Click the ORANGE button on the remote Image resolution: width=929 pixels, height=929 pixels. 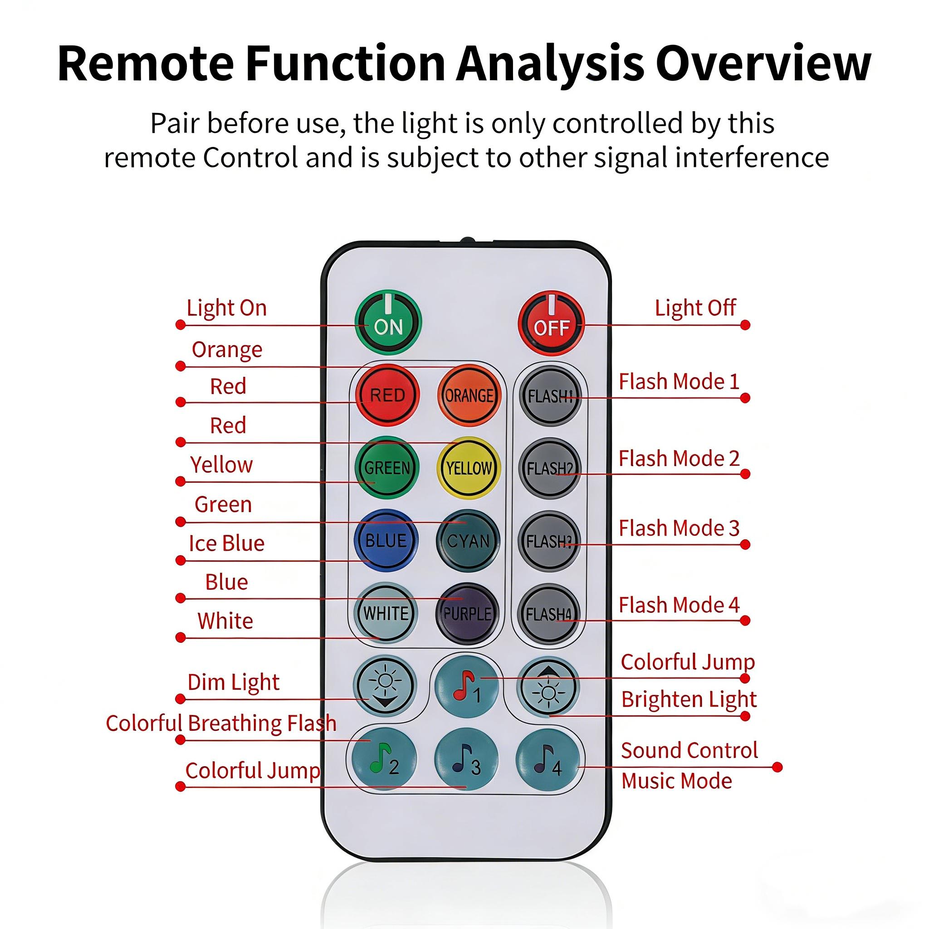coord(469,395)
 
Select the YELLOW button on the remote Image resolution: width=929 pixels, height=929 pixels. coord(469,468)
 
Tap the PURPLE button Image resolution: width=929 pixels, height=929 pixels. coord(467,613)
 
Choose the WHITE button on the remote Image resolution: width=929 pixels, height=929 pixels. coord(386,613)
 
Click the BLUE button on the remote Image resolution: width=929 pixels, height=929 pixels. coord(386,540)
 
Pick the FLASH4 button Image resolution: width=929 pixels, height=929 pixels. coord(549,613)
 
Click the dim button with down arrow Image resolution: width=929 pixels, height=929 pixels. coord(385,686)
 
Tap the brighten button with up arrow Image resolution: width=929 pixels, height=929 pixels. coord(548,686)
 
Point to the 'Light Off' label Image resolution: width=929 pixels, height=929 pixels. coord(695,308)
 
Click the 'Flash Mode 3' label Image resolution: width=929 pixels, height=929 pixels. coord(679,528)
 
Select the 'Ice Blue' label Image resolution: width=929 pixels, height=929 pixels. coord(226,543)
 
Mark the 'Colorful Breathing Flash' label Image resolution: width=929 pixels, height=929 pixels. coord(221,723)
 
